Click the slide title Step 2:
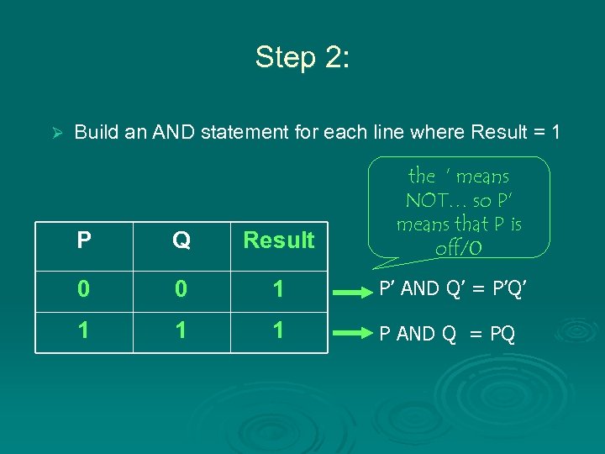click(302, 57)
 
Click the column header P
click(84, 240)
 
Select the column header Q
click(181, 240)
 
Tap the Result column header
click(278, 240)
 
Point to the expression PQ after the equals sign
click(502, 334)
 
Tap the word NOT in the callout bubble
click(429, 201)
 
